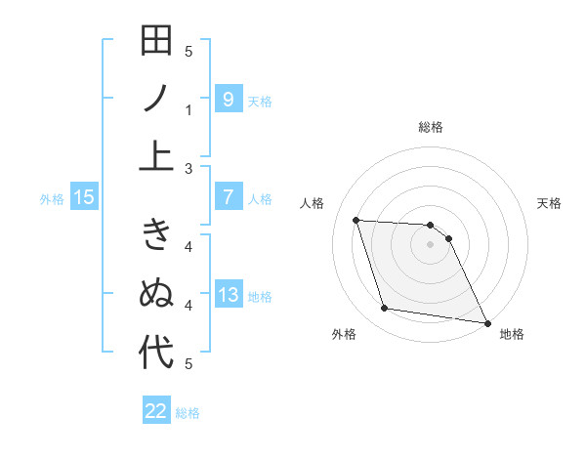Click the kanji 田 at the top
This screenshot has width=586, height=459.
point(156,43)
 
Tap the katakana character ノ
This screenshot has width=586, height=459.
point(156,99)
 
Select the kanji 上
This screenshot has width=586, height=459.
point(156,155)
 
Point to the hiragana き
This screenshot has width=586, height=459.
point(156,238)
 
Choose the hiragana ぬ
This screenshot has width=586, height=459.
point(156,295)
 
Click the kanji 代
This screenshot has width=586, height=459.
point(156,352)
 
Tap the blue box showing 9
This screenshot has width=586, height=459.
point(228,99)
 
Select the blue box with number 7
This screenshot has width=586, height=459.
point(228,198)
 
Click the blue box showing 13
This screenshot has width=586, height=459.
point(228,296)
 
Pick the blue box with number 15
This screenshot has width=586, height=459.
point(84,198)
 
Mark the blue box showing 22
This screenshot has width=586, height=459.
point(156,411)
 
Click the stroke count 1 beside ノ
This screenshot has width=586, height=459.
point(189,110)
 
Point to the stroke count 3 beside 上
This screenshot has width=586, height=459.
point(189,169)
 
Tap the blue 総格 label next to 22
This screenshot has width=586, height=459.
point(188,412)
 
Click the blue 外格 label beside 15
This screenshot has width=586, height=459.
point(52,199)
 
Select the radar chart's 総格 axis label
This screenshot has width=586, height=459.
point(430,127)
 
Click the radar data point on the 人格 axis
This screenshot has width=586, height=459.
point(356,220)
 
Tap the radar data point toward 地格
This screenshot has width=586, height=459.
point(486,322)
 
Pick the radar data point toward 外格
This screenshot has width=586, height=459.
point(385,309)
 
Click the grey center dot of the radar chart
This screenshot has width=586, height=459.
point(430,244)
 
